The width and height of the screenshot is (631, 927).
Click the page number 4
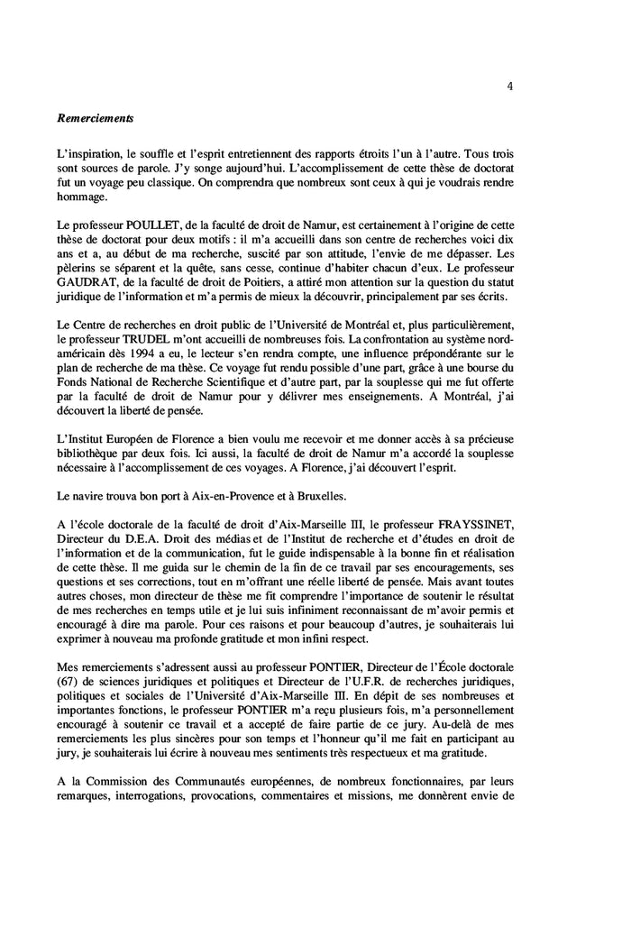(511, 87)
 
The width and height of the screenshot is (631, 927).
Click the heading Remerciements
(96, 117)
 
